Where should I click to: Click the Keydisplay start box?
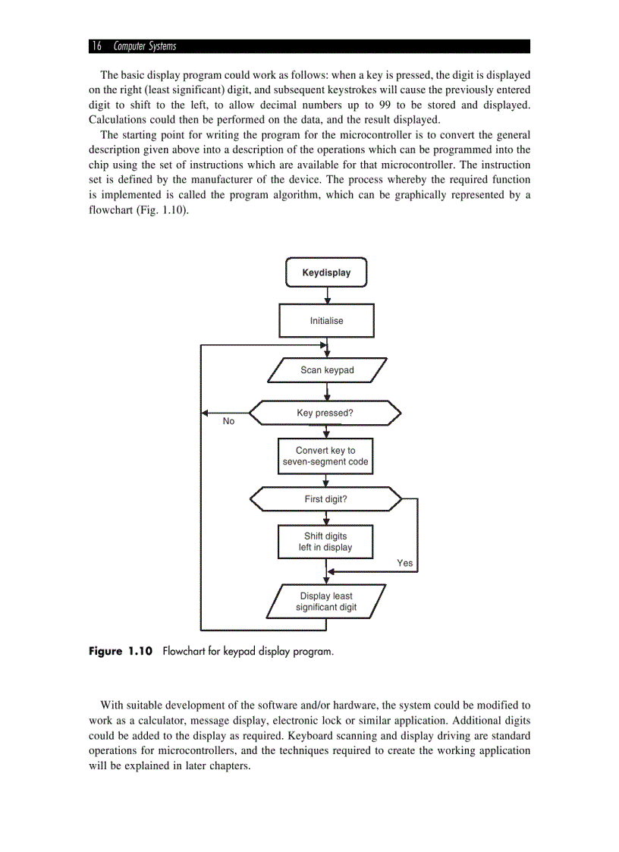[326, 272]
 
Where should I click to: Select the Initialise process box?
[326, 321]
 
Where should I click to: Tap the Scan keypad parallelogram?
[327, 370]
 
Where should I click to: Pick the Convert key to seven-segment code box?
[325, 456]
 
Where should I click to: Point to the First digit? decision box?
[325, 499]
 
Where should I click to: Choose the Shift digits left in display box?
[325, 542]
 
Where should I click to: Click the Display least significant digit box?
[326, 602]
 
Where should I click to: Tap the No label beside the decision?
[228, 421]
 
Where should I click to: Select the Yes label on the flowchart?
[405, 563]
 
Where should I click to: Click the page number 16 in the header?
[96, 46]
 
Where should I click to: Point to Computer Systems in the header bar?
[145, 46]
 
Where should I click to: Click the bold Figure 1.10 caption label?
[121, 651]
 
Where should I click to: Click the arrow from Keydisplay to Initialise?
[326, 296]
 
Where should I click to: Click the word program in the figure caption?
[310, 651]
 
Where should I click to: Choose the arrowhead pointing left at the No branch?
[206, 413]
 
